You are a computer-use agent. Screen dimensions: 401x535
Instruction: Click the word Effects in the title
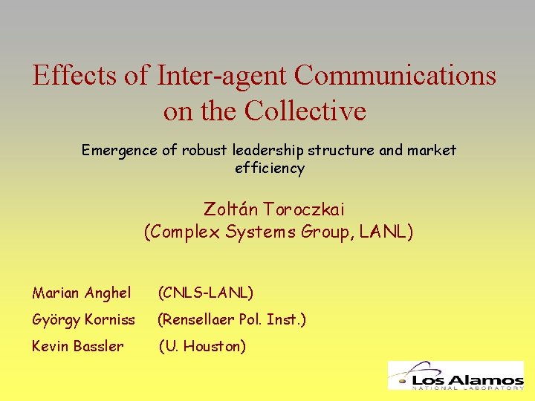point(74,76)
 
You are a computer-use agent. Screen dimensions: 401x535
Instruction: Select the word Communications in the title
point(395,76)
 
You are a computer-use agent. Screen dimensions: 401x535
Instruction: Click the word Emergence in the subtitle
point(119,151)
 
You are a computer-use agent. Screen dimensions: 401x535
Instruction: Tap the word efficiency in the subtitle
point(270,169)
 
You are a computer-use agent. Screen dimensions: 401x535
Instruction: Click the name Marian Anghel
point(82,293)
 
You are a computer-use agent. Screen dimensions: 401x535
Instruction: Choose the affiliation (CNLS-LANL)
point(206,293)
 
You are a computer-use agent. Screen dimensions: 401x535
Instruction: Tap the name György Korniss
point(84,320)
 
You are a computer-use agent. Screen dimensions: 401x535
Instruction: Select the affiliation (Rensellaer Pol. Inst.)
point(231,320)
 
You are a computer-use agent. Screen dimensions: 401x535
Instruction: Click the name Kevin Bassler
point(78,346)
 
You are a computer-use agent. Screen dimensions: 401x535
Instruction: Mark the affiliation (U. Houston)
point(202,346)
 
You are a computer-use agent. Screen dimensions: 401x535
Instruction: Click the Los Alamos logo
point(455,375)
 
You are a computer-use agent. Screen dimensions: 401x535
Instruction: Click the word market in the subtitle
point(431,151)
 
